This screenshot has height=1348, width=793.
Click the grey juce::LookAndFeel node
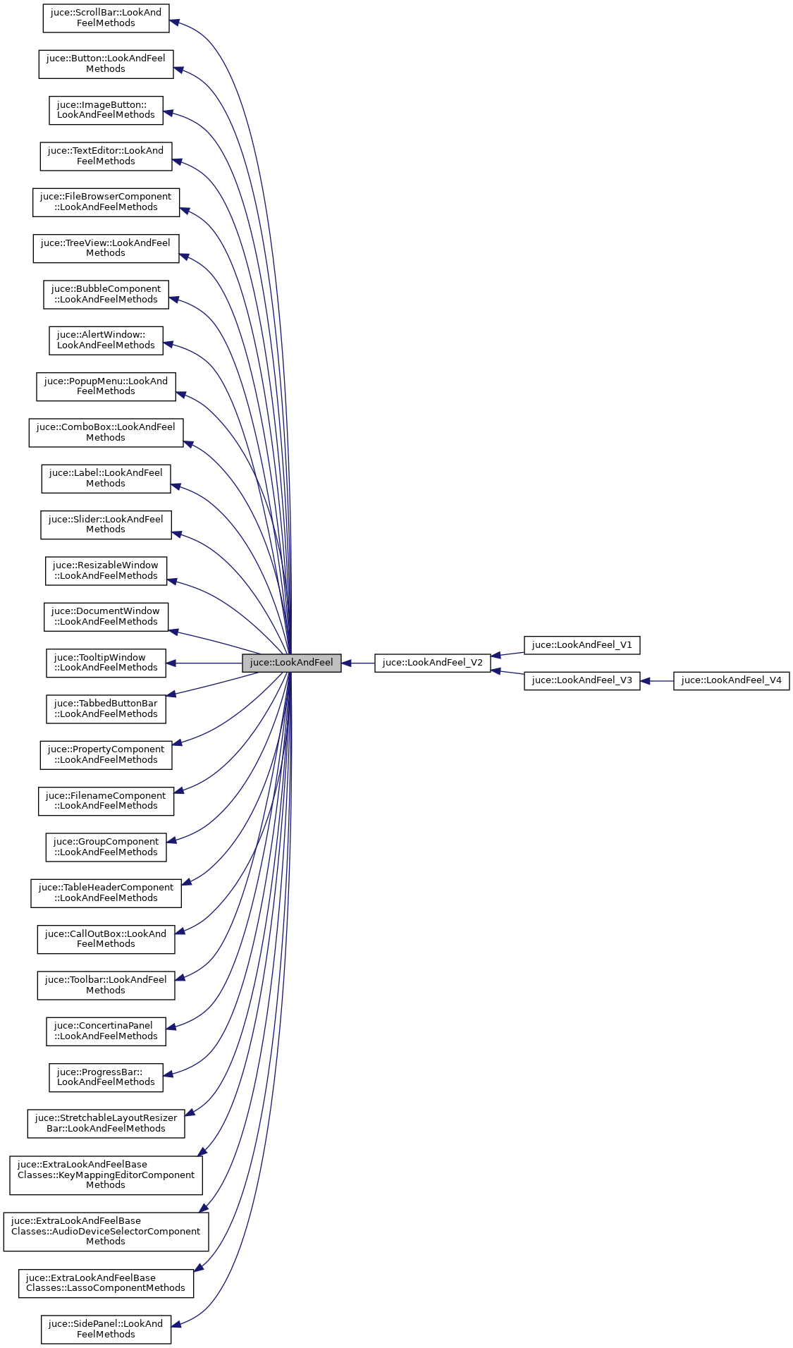click(291, 663)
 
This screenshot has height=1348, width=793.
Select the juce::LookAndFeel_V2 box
click(432, 663)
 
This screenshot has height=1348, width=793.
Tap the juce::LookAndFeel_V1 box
click(582, 645)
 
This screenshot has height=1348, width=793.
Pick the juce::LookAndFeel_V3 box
click(582, 680)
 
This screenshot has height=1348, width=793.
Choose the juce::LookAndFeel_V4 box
click(731, 680)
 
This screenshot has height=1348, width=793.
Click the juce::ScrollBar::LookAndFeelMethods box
click(106, 18)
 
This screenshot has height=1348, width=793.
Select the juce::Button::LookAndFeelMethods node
click(106, 63)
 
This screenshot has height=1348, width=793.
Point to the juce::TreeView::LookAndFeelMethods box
click(106, 248)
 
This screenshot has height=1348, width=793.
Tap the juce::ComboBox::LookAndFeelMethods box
click(106, 432)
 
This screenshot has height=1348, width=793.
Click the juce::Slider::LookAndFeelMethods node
click(106, 525)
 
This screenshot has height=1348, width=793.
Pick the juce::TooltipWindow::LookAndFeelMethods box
click(106, 663)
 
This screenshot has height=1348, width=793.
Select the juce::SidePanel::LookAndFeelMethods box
click(106, 1329)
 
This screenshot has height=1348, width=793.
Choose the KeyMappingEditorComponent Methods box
click(106, 1175)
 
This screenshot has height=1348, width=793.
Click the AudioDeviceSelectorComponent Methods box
click(106, 1231)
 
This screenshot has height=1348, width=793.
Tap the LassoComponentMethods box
click(106, 1283)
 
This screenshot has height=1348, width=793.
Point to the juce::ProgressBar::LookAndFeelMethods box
click(106, 1077)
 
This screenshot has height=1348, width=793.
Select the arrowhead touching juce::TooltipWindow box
click(171, 663)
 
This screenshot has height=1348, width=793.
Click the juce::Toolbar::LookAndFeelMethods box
click(106, 985)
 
